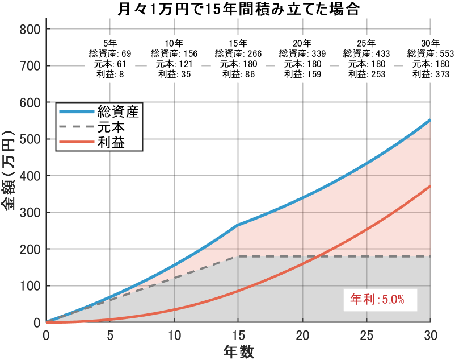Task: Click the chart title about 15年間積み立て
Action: pyautogui.click(x=238, y=10)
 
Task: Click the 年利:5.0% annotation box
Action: pyautogui.click(x=376, y=299)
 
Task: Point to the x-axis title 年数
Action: pyautogui.click(x=238, y=351)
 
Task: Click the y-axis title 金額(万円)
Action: pyautogui.click(x=10, y=176)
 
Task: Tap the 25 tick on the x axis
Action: pyautogui.click(x=366, y=334)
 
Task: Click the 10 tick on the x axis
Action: pyautogui.click(x=174, y=334)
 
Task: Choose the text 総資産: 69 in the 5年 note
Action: pyautogui.click(x=110, y=53)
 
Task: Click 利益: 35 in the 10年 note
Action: pyautogui.click(x=174, y=74)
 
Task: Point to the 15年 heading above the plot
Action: pyautogui.click(x=238, y=43)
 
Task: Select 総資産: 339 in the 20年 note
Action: pyautogui.click(x=302, y=53)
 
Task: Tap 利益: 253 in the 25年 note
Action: pyautogui.click(x=366, y=74)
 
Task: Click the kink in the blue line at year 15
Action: pyautogui.click(x=238, y=225)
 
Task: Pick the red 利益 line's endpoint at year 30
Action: pyautogui.click(x=430, y=186)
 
